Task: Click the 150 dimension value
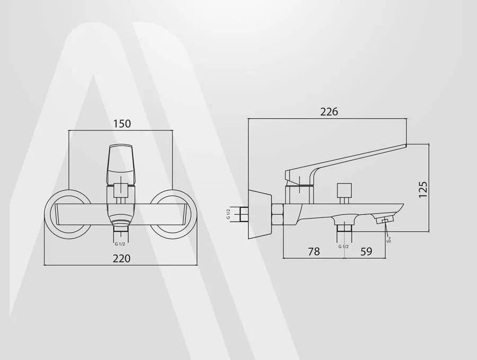122,124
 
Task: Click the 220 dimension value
122,258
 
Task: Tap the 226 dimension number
329,112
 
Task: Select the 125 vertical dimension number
423,189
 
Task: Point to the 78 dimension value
314,252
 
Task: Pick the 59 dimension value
366,252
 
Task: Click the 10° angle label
388,240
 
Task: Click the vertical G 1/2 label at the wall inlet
228,213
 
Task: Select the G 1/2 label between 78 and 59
343,247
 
